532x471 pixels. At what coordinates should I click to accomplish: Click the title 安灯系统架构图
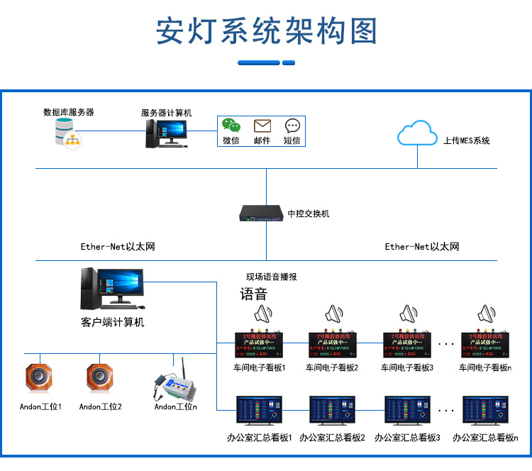pyautogui.click(x=266, y=33)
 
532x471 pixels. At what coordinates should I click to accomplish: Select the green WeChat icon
pyautogui.click(x=231, y=126)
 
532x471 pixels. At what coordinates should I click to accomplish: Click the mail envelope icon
pyautogui.click(x=262, y=126)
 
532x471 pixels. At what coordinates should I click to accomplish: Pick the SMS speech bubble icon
pyautogui.click(x=292, y=126)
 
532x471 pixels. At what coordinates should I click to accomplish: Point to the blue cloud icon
pyautogui.click(x=416, y=133)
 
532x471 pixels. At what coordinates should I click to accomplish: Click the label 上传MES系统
pyautogui.click(x=466, y=140)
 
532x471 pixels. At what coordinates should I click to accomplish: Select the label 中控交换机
pyautogui.click(x=309, y=214)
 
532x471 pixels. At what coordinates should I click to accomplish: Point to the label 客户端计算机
pyautogui.click(x=113, y=323)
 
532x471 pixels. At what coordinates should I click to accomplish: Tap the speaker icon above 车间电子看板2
pyautogui.click(x=333, y=314)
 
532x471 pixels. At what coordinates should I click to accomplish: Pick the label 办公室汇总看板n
pyautogui.click(x=485, y=438)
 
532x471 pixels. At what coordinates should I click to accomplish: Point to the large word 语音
pyautogui.click(x=253, y=294)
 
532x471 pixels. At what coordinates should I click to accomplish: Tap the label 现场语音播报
pyautogui.click(x=271, y=277)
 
